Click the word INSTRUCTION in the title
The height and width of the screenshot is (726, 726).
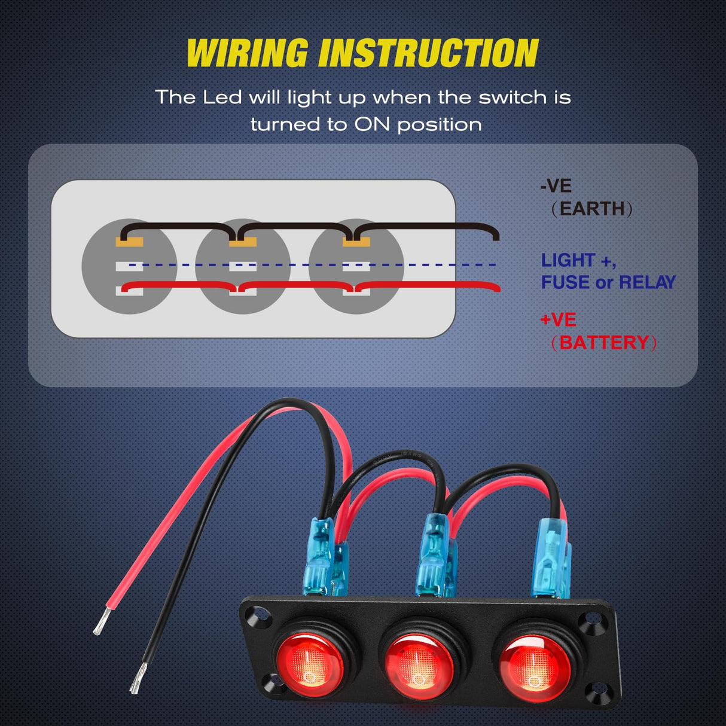click(428, 53)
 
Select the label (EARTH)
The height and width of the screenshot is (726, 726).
click(591, 209)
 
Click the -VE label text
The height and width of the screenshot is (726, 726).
click(556, 186)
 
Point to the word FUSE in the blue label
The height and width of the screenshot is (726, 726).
click(566, 282)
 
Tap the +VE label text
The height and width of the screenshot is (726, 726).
click(558, 319)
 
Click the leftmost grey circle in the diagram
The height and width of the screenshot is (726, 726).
click(129, 267)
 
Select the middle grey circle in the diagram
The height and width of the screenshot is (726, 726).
click(243, 267)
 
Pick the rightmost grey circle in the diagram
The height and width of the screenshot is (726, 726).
click(356, 267)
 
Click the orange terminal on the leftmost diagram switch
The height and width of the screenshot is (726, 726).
click(129, 243)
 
